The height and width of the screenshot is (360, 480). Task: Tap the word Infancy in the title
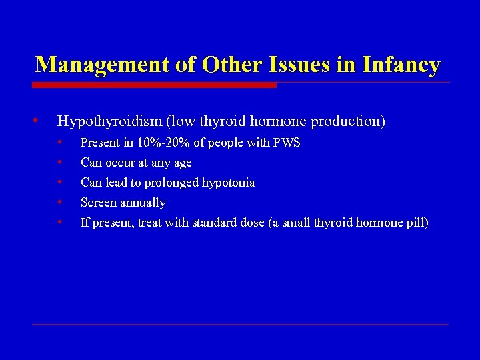(401, 65)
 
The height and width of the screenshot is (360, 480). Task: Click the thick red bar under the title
(154, 85)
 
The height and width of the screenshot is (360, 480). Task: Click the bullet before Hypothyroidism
(35, 121)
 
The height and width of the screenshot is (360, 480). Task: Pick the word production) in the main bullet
(347, 121)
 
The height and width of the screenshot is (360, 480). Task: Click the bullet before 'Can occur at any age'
(60, 162)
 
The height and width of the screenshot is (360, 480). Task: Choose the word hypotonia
(229, 183)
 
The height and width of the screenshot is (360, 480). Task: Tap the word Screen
(98, 203)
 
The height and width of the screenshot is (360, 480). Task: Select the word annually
(143, 203)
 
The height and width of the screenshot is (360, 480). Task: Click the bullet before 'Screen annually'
(60, 202)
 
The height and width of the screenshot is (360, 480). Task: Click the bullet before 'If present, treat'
(60, 222)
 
